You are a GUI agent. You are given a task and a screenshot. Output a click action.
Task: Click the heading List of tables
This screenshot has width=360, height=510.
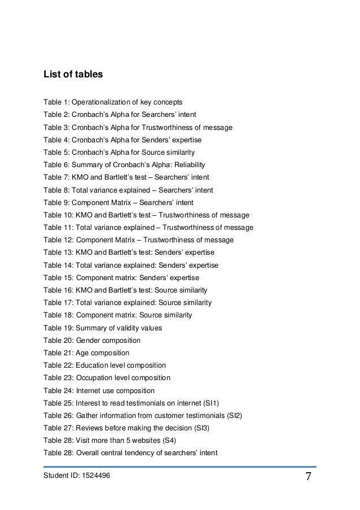(x=73, y=74)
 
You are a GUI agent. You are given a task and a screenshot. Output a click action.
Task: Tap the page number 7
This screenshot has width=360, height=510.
(x=309, y=477)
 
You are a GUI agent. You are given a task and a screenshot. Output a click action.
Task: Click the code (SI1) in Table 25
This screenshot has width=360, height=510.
(x=211, y=403)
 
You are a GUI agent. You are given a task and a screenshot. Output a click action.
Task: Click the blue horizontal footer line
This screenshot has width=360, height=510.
(x=180, y=467)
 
